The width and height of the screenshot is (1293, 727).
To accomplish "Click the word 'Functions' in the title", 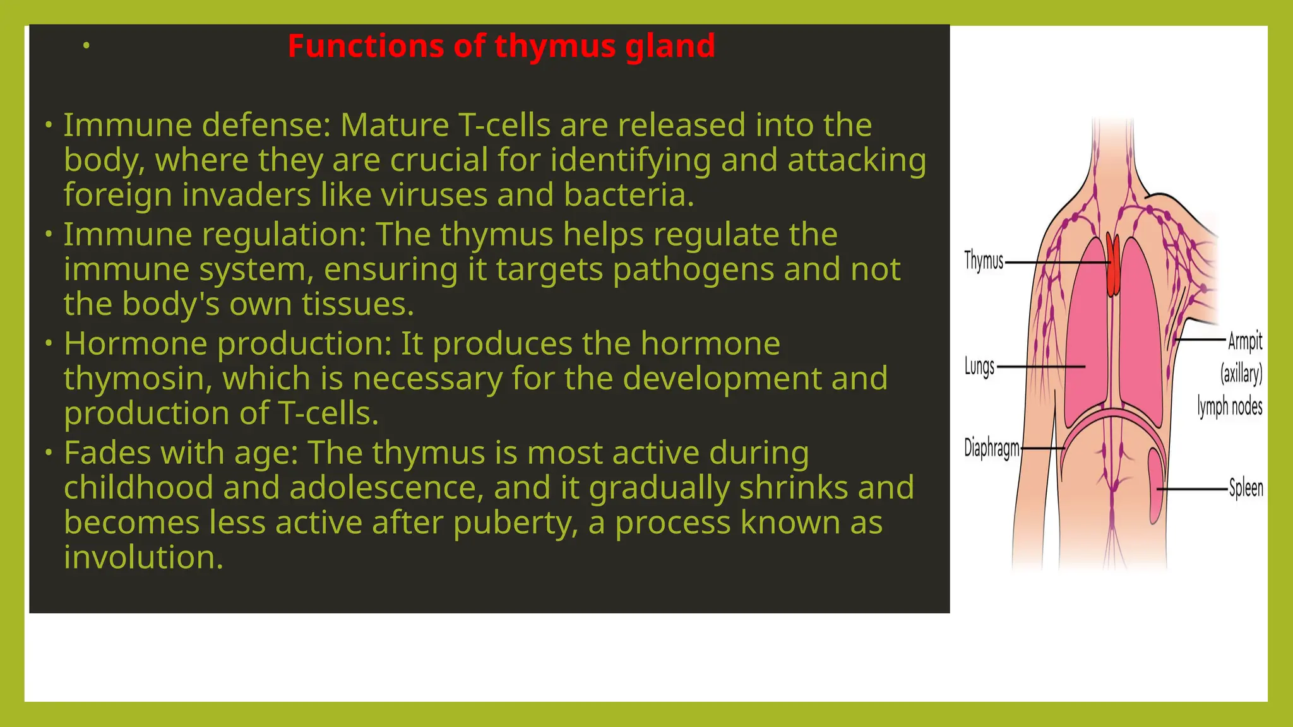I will click(366, 47).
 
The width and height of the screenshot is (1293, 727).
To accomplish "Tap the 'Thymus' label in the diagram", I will click(983, 261).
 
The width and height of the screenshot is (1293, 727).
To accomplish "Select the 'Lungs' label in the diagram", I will click(979, 367).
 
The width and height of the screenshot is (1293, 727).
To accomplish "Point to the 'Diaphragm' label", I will click(991, 448).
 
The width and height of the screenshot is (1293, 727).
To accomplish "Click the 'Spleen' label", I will click(1246, 488).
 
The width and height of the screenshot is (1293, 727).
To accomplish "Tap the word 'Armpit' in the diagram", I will click(1244, 341).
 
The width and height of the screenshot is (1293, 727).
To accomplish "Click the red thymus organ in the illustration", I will click(1113, 265).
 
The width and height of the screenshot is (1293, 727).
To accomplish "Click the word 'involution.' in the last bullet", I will click(143, 558).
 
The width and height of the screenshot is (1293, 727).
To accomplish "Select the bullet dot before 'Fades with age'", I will click(49, 453).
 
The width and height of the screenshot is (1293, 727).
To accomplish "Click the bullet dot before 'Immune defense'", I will click(49, 125).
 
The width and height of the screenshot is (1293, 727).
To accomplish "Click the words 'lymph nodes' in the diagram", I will click(1229, 406).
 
